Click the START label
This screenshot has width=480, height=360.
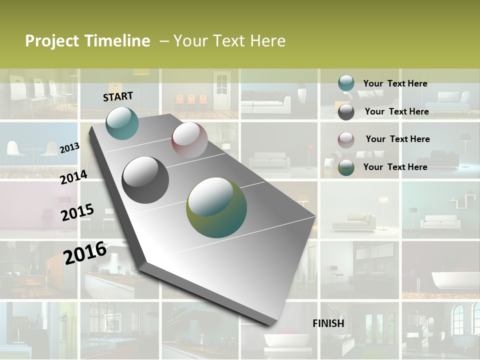tap(118, 96)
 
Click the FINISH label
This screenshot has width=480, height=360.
tap(328, 323)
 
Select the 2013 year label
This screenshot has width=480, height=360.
tap(69, 147)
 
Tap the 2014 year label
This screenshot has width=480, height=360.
tap(73, 177)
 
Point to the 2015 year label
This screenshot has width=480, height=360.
tap(77, 212)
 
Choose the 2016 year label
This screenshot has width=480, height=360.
tap(85, 252)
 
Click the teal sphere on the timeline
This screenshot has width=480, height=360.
tap(122, 123)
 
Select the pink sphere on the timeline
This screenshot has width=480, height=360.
tap(189, 139)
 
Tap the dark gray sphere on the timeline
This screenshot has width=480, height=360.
tap(145, 179)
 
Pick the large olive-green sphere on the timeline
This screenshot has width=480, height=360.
tap(216, 207)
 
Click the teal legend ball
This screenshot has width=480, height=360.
tap(346, 83)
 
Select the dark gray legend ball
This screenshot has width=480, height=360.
tap(346, 112)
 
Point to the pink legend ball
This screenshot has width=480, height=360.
tap(346, 139)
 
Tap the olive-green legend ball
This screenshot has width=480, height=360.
tap(346, 167)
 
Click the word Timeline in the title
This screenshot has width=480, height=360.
tap(117, 41)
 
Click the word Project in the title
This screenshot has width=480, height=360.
tap(52, 41)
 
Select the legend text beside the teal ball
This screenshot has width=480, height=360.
tap(395, 83)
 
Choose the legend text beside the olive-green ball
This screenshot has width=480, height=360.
tap(395, 167)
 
